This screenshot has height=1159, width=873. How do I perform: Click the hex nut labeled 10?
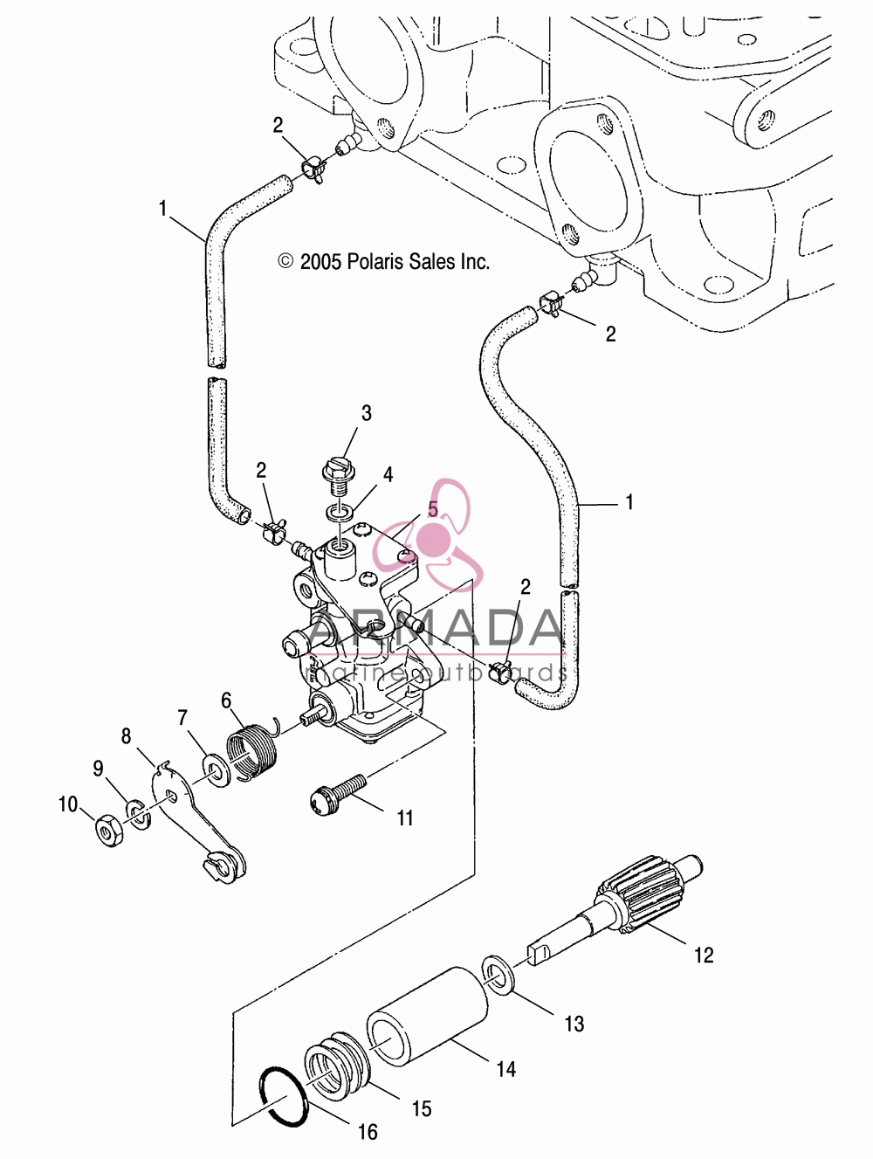click(x=110, y=834)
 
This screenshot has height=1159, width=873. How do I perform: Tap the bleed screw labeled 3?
click(x=337, y=475)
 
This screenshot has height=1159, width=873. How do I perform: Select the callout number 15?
click(x=422, y=1109)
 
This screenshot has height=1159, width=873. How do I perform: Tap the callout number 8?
click(x=126, y=736)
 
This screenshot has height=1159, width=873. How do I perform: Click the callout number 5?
click(x=433, y=509)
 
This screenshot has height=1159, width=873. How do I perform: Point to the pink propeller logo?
click(x=428, y=535)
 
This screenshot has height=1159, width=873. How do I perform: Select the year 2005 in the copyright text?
click(x=320, y=262)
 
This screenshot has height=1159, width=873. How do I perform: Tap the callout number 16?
click(x=368, y=1132)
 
